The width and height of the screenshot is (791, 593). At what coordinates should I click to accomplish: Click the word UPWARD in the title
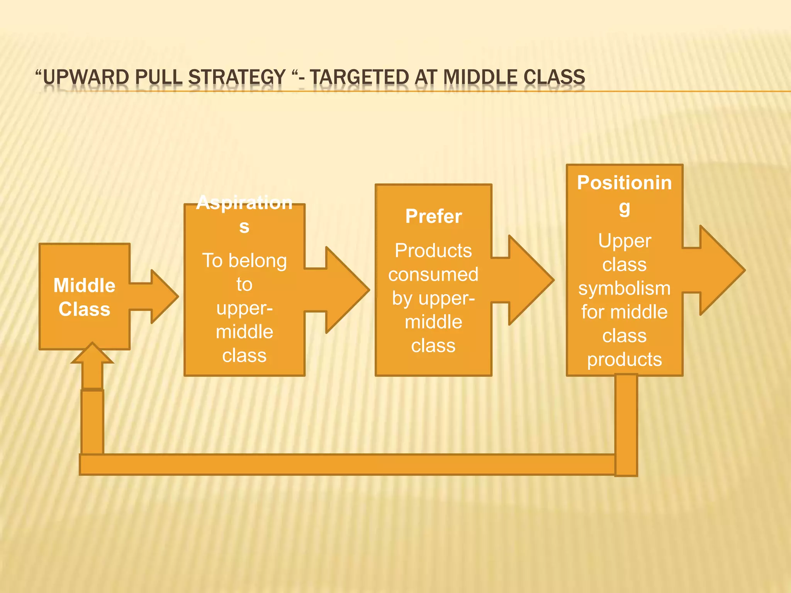coord(86,77)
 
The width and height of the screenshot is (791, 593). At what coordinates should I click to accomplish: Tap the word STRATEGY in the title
coord(237,77)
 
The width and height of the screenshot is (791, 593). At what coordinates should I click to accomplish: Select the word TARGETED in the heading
coord(359,77)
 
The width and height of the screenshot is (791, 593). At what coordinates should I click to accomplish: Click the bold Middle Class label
coord(84,297)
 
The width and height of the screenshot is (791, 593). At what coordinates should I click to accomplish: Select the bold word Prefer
coord(433,216)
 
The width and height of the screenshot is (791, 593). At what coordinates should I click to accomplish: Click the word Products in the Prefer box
coord(433,251)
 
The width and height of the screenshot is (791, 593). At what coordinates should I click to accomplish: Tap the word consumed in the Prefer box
coord(433,274)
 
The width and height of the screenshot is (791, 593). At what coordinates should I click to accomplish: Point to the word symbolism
coord(624,288)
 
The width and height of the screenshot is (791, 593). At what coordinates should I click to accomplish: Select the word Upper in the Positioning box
coord(624,241)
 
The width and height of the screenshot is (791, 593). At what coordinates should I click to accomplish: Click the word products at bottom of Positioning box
coord(624,359)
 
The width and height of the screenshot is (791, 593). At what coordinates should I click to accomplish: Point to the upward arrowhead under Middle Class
coord(92,354)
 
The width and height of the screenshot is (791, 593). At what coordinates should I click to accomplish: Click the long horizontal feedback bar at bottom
coord(348,464)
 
